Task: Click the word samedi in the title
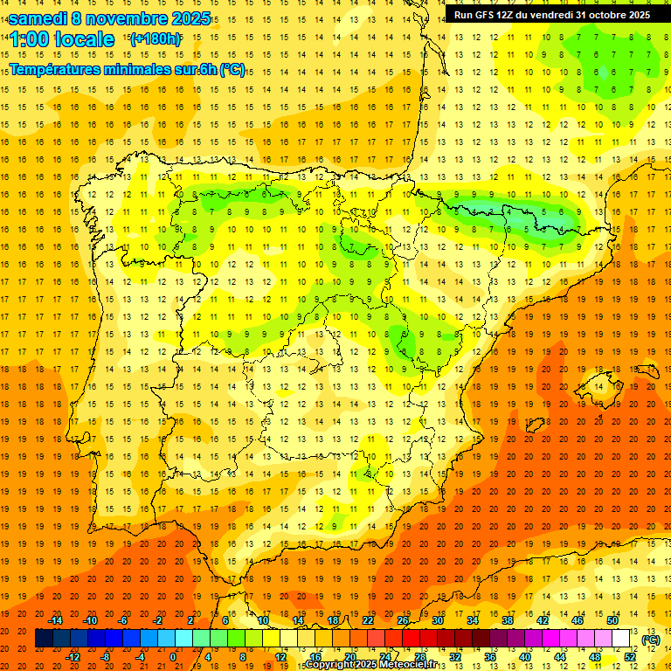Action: [39, 17]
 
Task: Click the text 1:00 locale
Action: [62, 39]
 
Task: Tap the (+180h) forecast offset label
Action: [156, 39]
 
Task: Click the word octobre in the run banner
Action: [593, 15]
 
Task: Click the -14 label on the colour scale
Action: [55, 620]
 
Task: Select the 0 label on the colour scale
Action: [173, 657]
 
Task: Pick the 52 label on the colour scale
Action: [631, 657]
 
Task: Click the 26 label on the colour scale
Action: [403, 620]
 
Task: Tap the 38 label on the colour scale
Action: [508, 620]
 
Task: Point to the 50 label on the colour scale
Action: [612, 620]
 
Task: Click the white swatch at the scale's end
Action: [621, 639]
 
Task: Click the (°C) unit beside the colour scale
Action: [650, 639]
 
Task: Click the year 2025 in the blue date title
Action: [187, 17]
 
